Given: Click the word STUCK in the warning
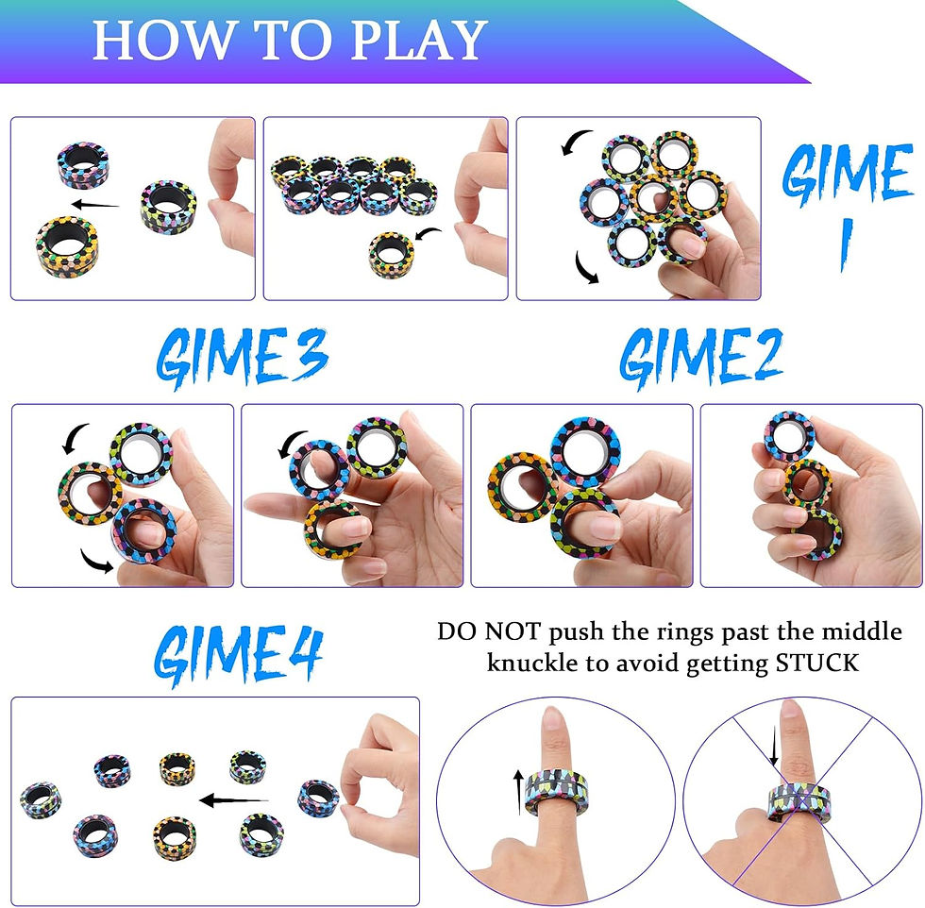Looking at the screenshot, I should click(x=816, y=663).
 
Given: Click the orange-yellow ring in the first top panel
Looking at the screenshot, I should click(x=67, y=243).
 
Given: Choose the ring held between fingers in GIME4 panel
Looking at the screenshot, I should click(x=319, y=798).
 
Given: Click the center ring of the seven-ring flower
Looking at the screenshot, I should click(x=653, y=198).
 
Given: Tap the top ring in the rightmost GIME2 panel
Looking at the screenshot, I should click(x=789, y=435).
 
